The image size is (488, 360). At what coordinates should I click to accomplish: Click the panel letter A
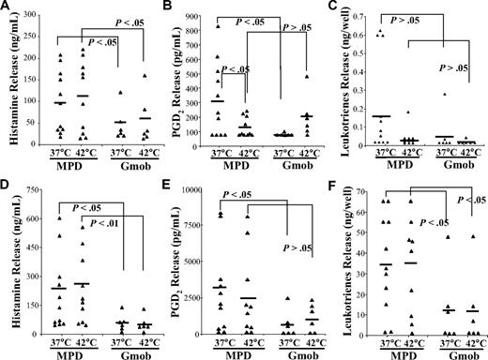7,7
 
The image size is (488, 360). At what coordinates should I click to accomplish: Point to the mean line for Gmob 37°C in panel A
122,122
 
